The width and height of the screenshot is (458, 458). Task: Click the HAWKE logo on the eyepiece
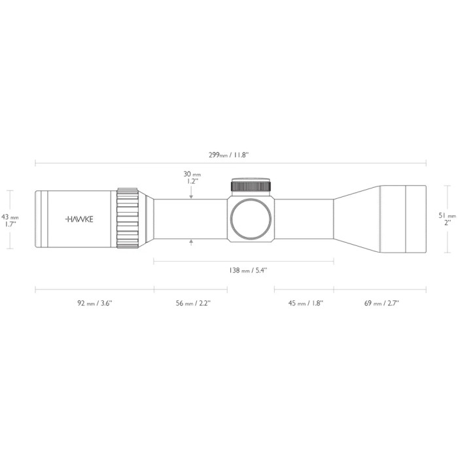(79, 219)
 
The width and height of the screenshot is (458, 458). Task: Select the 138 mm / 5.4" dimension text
(243, 270)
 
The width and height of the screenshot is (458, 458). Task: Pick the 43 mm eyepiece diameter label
(10, 220)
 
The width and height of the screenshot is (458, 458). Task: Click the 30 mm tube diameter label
(192, 178)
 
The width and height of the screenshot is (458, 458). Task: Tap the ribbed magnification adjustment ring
(128, 219)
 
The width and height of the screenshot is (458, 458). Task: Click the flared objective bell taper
(357, 219)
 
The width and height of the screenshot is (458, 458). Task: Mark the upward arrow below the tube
(191, 243)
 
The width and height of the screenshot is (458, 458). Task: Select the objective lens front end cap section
(415, 219)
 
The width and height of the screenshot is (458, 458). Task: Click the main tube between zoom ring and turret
(190, 219)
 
